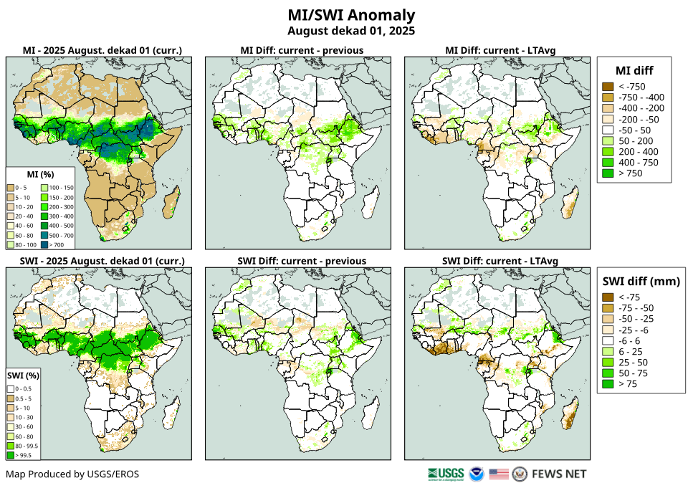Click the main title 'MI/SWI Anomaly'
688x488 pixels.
click(x=351, y=15)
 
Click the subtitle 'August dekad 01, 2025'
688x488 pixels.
click(x=351, y=31)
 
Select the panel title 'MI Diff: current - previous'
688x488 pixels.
click(x=301, y=50)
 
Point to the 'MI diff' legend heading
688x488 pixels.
click(x=634, y=70)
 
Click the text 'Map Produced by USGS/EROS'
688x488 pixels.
click(x=72, y=474)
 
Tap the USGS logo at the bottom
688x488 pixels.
click(x=445, y=474)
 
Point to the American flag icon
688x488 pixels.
click(x=499, y=474)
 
